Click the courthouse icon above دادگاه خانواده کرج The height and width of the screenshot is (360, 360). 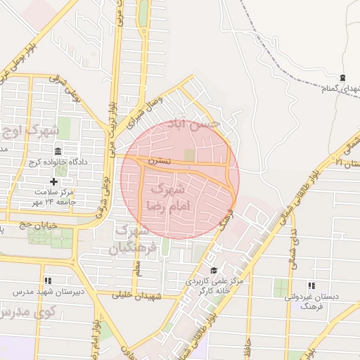click(x=57, y=151)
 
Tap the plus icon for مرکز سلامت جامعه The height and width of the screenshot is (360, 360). click(x=53, y=182)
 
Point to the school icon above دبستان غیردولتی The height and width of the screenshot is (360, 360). click(x=311, y=285)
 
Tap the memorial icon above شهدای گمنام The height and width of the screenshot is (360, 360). click(x=342, y=77)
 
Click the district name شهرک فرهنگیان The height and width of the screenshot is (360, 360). click(x=129, y=240)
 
